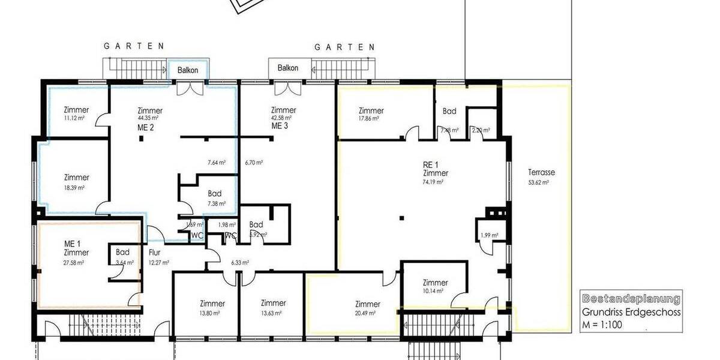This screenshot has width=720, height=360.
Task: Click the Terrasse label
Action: click(x=541, y=172)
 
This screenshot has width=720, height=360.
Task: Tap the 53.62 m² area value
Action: click(x=538, y=182)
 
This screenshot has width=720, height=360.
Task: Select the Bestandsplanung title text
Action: click(x=631, y=299)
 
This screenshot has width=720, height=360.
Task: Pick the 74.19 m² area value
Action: click(x=433, y=182)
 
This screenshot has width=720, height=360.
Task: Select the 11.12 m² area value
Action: click(x=75, y=119)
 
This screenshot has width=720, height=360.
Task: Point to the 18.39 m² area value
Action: click(x=74, y=188)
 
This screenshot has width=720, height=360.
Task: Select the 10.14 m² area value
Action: click(x=433, y=292)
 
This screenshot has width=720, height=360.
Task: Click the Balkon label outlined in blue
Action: click(x=187, y=70)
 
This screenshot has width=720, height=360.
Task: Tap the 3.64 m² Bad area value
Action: click(x=122, y=262)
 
